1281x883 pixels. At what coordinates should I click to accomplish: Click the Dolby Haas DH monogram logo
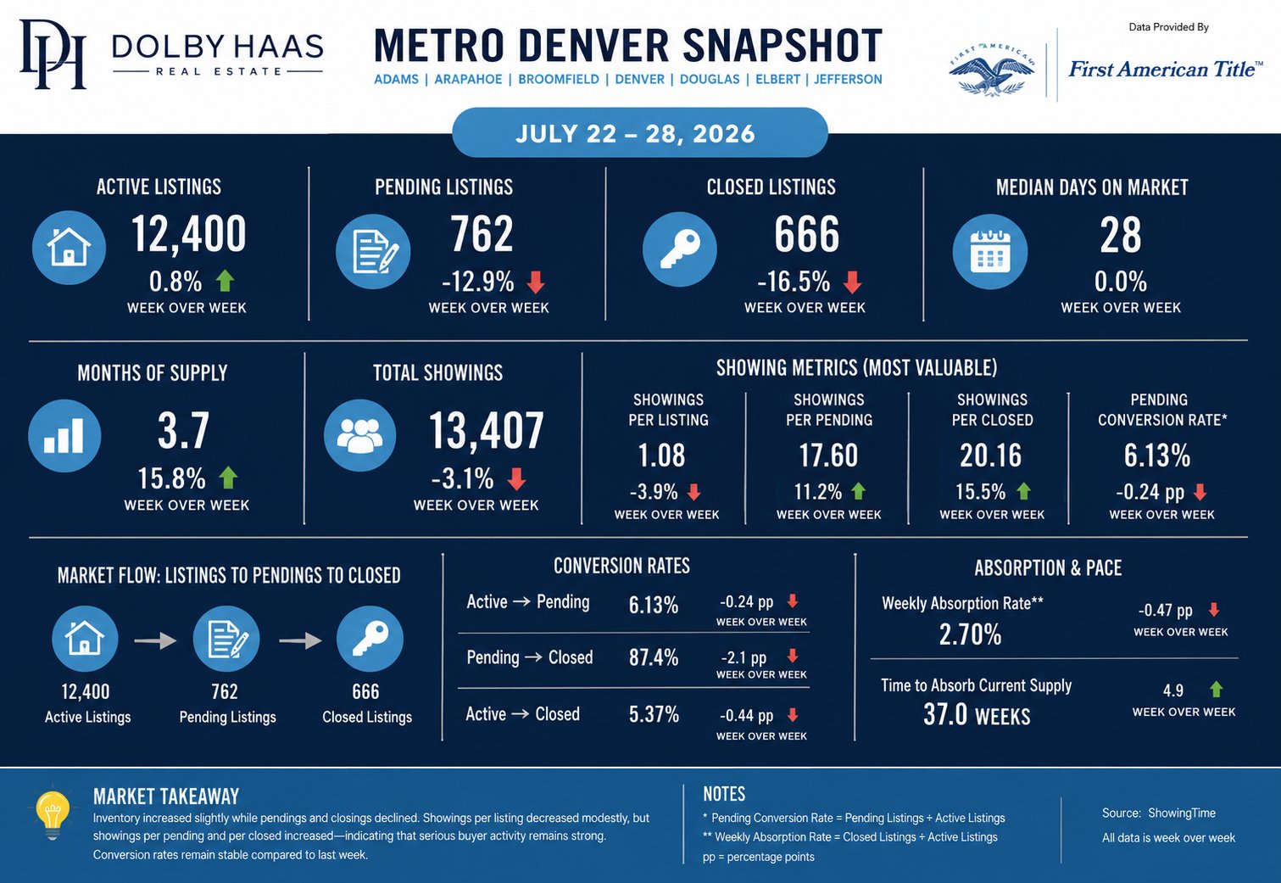click(53, 54)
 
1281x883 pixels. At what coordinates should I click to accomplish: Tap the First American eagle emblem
click(991, 70)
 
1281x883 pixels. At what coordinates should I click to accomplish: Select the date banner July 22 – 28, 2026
click(640, 133)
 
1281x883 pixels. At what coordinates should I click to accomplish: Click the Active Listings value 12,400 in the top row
click(189, 233)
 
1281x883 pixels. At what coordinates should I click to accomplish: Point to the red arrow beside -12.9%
click(535, 282)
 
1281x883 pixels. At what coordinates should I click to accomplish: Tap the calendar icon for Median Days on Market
click(990, 252)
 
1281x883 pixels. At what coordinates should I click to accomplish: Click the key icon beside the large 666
click(679, 249)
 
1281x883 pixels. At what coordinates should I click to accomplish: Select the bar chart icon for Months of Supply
click(64, 435)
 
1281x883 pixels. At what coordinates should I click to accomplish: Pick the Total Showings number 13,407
click(486, 430)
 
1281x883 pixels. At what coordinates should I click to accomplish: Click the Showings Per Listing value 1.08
click(661, 455)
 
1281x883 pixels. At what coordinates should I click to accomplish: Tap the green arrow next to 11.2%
click(859, 491)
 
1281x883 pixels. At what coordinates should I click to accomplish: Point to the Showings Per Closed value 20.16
click(990, 455)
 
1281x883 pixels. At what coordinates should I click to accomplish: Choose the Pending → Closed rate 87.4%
click(654, 657)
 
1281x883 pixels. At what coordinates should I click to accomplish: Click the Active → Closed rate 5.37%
click(654, 714)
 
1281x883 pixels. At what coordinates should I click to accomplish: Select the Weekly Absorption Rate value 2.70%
click(971, 634)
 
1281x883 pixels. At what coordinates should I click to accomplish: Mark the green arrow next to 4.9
click(1217, 690)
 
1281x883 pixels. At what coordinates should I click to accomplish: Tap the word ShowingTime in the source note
click(1182, 813)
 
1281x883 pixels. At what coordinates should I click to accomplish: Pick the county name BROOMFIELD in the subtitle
click(559, 80)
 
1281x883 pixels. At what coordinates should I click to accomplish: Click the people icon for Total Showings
click(359, 435)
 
